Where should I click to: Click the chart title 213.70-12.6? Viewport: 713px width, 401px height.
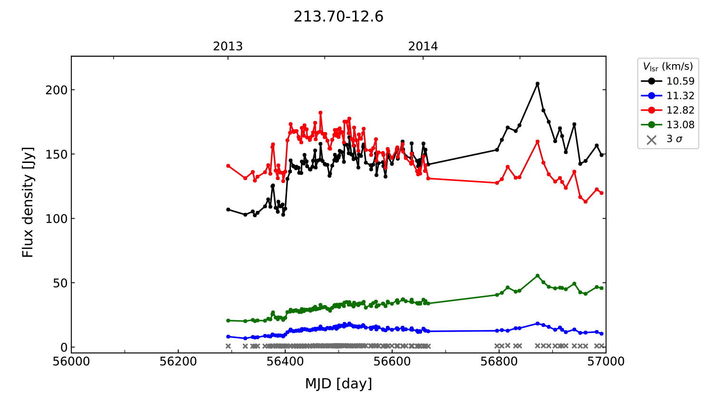[x=338, y=17]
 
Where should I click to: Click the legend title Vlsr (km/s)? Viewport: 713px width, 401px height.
[x=668, y=67]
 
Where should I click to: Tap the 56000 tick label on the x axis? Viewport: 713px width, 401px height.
[x=71, y=362]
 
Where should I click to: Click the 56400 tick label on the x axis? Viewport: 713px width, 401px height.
[x=285, y=362]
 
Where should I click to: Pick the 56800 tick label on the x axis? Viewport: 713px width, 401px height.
[x=499, y=362]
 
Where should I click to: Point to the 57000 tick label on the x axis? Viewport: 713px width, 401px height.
[x=606, y=362]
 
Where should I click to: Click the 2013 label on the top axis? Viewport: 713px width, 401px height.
[x=228, y=47]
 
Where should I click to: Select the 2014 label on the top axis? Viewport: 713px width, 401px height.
[x=423, y=47]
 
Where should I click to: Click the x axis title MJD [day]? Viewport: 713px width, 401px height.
[x=338, y=383]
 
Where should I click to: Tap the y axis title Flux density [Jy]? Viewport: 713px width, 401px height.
[x=28, y=202]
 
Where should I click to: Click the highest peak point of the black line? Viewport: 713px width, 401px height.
[x=538, y=84]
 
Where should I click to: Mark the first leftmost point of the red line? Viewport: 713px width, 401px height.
[x=228, y=166]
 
